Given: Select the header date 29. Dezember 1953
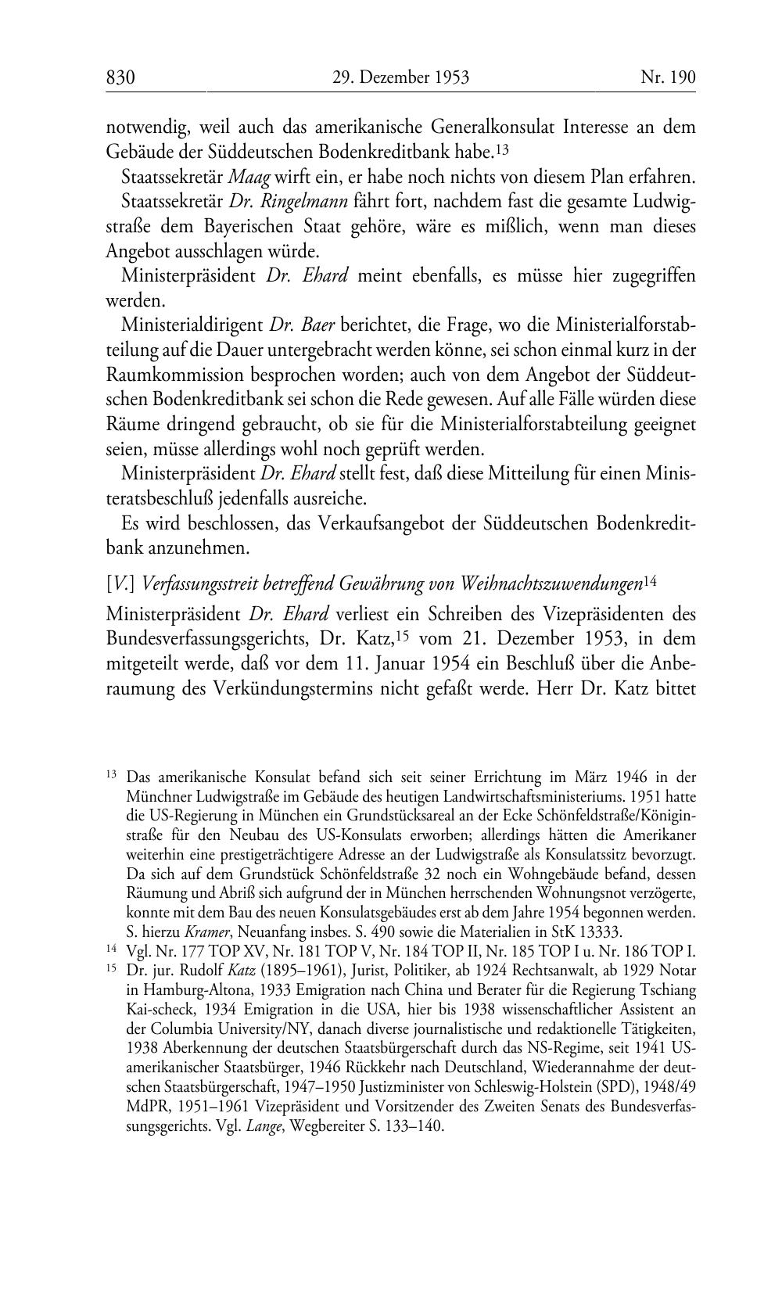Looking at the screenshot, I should tap(401, 77).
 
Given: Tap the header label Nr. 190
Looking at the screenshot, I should tap(668, 77).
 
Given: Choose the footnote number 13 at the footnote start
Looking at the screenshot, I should tap(111, 776).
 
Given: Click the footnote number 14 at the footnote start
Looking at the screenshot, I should tap(111, 952).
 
